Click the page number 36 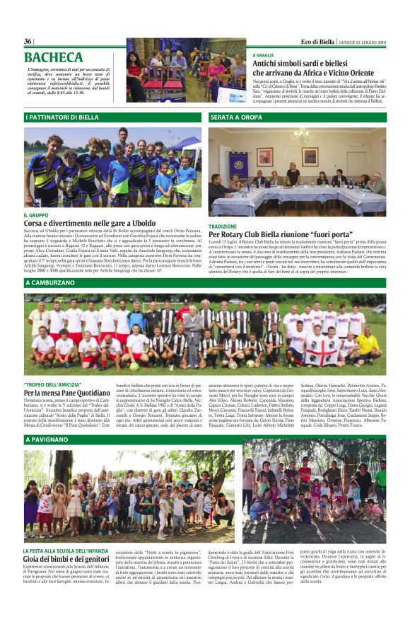point(28,42)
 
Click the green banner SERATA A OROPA point(237,117)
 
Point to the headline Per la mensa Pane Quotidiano point(67,391)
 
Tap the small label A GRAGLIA point(263,55)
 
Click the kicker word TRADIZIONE point(223,226)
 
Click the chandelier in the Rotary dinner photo point(300,136)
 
